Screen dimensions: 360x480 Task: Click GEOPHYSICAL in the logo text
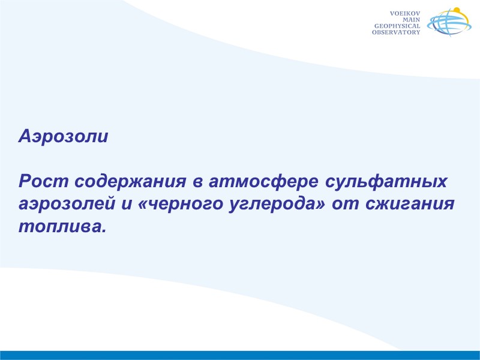coord(397,26)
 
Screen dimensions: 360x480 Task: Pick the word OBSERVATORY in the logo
coord(396,32)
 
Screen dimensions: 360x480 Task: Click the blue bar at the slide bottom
coord(240,355)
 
